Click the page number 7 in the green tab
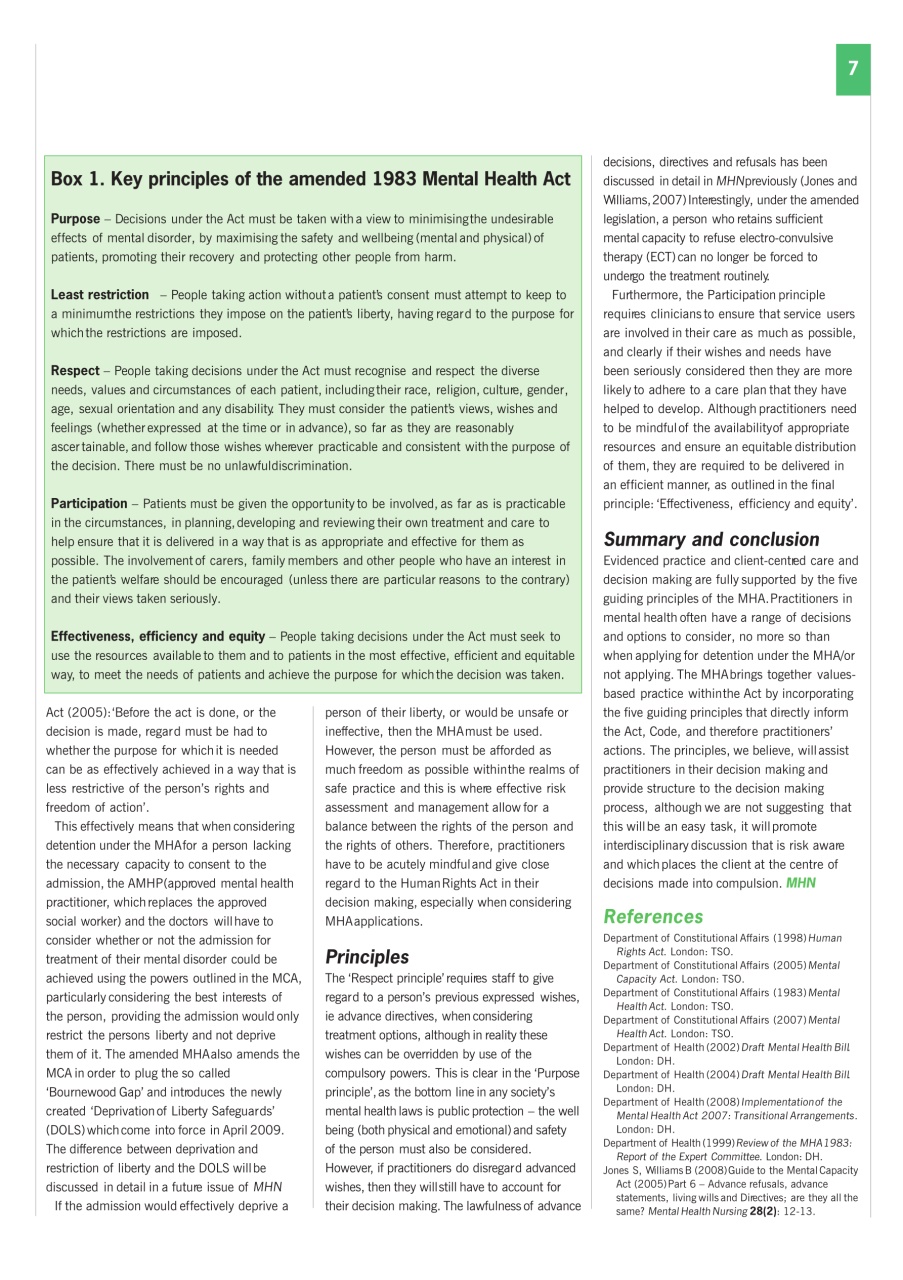[852, 69]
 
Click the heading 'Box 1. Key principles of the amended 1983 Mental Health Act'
[310, 180]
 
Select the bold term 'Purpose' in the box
[75, 219]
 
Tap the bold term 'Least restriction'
[99, 295]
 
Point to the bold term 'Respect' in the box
[75, 371]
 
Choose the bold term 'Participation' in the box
[89, 503]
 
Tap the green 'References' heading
[653, 916]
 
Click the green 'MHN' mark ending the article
[801, 883]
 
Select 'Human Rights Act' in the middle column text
[445, 883]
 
